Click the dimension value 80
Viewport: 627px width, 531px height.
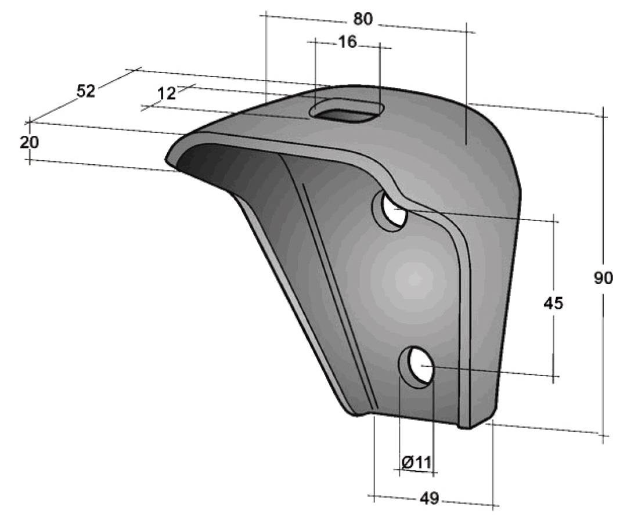click(x=363, y=19)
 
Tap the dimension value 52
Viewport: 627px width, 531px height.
click(x=86, y=92)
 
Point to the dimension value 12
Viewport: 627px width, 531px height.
click(x=166, y=93)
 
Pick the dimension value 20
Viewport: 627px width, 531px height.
click(x=29, y=142)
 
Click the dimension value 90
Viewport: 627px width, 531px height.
click(x=604, y=279)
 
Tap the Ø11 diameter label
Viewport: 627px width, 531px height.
click(x=416, y=462)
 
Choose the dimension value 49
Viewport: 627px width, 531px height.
click(x=430, y=498)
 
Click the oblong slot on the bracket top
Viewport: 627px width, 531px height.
click(x=347, y=111)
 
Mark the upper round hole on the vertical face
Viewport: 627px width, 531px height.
click(x=394, y=210)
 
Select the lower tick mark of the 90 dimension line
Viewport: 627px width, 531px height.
click(x=605, y=435)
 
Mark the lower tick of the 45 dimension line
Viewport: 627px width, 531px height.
click(x=555, y=377)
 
